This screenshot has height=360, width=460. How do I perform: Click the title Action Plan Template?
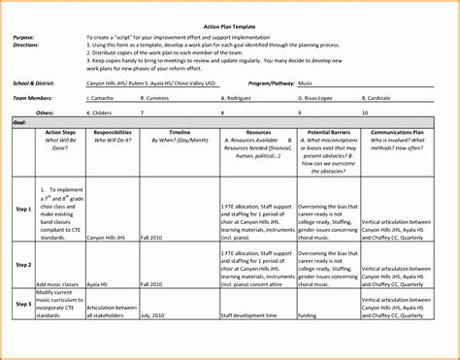click(229, 25)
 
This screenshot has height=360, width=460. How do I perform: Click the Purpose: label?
click(25, 36)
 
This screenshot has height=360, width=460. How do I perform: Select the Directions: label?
click(27, 45)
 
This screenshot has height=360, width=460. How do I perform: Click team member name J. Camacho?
click(101, 99)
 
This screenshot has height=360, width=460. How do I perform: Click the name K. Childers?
click(101, 113)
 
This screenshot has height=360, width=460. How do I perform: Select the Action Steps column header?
click(60, 131)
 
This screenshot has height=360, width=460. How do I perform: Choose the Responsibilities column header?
click(120, 131)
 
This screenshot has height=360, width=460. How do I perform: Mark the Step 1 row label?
click(23, 209)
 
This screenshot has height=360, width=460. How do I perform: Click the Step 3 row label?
click(23, 304)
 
